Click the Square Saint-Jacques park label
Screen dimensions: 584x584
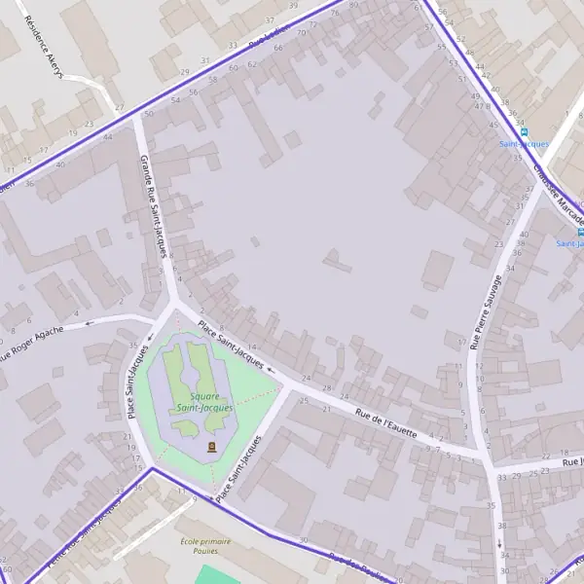(x=205, y=402)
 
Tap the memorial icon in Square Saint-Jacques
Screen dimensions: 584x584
(x=211, y=446)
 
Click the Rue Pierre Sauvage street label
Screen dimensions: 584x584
(x=486, y=311)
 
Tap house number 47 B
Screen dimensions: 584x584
(x=482, y=104)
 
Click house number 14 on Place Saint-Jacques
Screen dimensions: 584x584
(x=251, y=347)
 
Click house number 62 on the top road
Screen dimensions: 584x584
(x=252, y=64)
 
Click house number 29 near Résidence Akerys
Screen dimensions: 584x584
(x=184, y=72)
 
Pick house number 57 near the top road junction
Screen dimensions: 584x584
(x=429, y=26)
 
